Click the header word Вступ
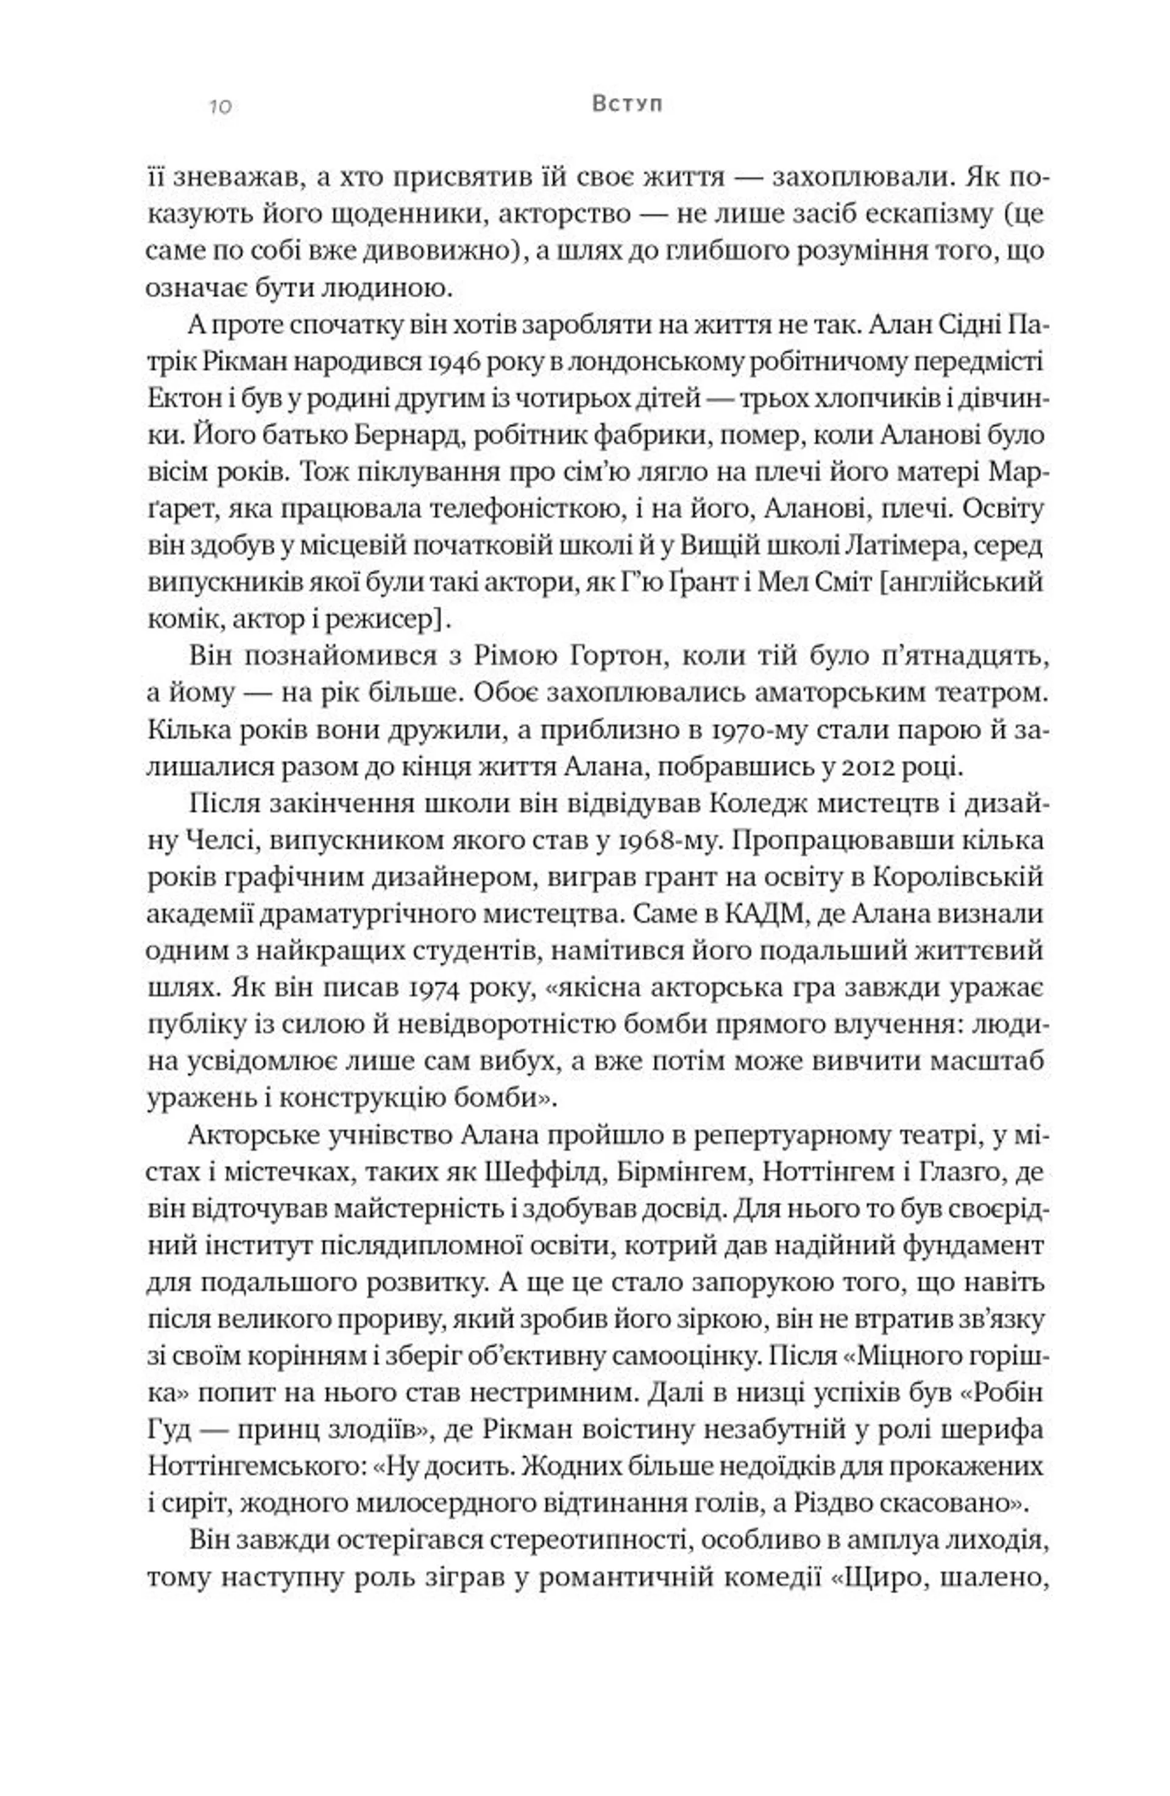626,104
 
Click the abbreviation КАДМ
762,914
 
